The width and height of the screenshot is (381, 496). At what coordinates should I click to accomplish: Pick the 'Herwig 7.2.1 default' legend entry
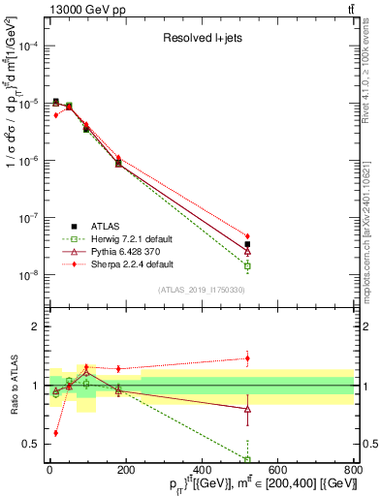click(124, 237)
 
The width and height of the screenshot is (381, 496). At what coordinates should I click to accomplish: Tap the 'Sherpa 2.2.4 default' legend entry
click(125, 263)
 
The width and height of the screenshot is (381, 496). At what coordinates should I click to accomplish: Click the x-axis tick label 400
click(201, 470)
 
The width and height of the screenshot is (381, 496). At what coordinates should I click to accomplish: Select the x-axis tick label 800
click(352, 470)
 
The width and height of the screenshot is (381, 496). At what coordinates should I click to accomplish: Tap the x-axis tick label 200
click(125, 470)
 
